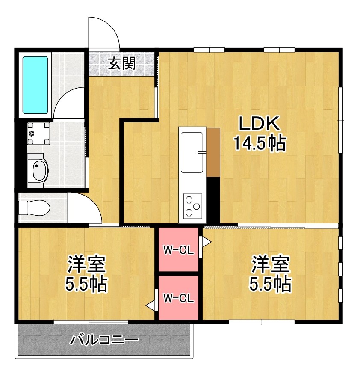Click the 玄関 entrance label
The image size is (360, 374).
click(x=121, y=64)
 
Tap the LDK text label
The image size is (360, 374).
click(x=259, y=125)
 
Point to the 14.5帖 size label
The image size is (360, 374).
click(x=259, y=143)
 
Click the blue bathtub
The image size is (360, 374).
click(x=35, y=85)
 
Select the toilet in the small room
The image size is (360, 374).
click(x=35, y=208)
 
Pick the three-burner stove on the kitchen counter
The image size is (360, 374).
click(x=192, y=207)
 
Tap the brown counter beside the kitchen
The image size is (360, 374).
click(x=212, y=152)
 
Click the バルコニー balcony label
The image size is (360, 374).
click(x=104, y=341)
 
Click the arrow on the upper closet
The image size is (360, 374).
click(x=206, y=242)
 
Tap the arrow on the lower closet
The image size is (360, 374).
click(x=151, y=305)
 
